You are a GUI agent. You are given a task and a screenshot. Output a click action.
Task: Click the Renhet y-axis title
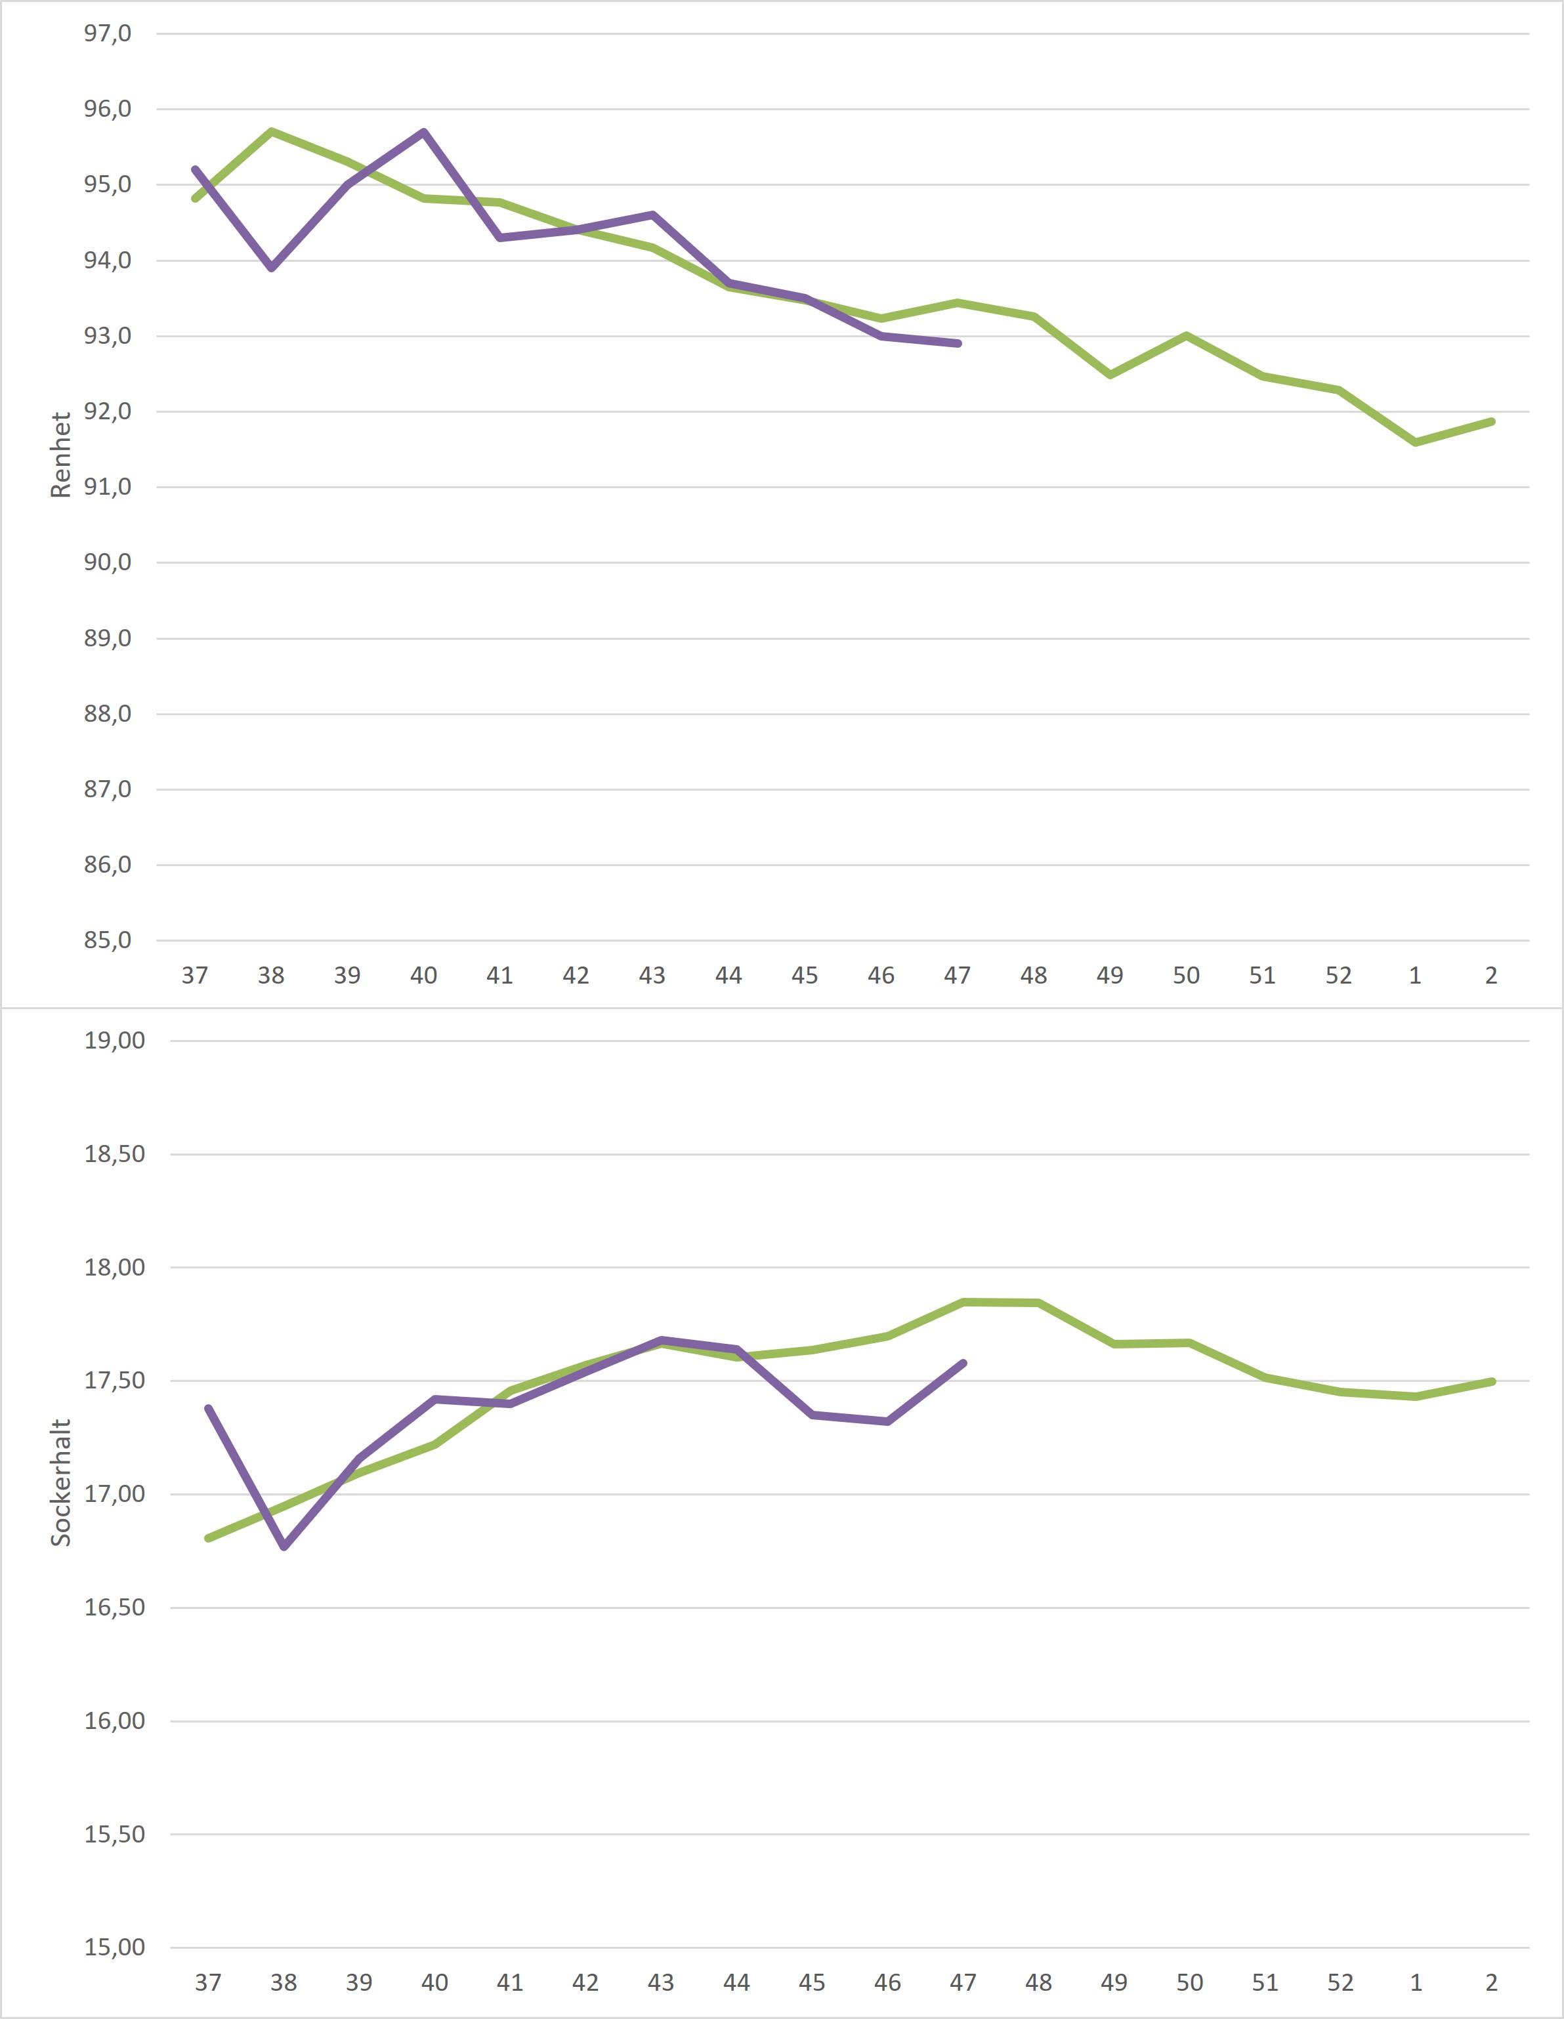61,455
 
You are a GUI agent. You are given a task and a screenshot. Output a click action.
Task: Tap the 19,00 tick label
115,1041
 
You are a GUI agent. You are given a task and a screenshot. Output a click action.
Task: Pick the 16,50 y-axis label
115,1608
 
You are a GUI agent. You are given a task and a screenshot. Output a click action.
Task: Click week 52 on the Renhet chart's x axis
1338,975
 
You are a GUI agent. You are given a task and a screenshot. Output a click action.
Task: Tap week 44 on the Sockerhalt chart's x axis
736,1983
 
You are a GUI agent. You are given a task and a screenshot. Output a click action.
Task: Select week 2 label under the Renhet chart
1491,975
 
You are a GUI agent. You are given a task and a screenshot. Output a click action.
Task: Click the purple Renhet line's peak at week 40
423,132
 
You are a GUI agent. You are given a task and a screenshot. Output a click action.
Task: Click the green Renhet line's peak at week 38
271,131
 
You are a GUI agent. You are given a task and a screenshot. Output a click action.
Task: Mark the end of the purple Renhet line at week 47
958,343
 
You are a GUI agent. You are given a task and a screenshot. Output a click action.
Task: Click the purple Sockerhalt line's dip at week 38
284,1547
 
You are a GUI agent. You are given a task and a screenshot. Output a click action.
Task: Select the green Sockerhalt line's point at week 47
963,1302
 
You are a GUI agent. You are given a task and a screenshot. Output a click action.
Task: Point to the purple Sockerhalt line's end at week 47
963,1363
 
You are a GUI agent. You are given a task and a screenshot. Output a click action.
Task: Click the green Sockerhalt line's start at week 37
208,1538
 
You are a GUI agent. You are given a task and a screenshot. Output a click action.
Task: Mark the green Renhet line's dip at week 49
1110,375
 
